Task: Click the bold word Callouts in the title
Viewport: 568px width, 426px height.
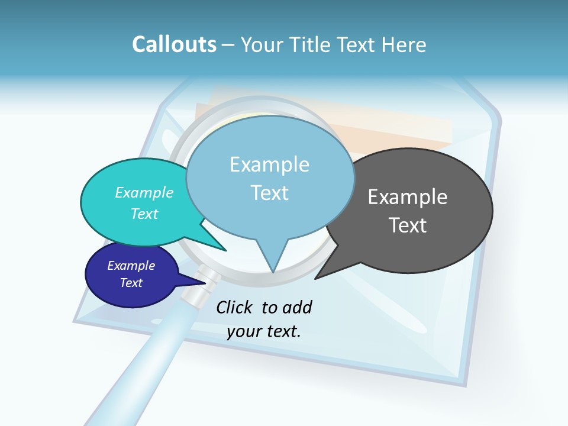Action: [174, 44]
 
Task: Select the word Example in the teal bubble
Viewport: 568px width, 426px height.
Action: [144, 192]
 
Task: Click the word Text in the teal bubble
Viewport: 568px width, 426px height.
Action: [144, 214]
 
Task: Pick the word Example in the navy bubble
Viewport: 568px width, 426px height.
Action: [131, 266]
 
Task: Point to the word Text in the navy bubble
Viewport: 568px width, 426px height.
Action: [131, 283]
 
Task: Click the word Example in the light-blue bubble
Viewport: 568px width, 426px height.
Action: [269, 164]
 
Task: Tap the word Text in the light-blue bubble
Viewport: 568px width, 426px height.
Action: [269, 193]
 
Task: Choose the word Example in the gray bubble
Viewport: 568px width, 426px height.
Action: [408, 197]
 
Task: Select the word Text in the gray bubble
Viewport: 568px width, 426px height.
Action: [408, 225]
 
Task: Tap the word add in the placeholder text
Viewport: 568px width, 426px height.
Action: [297, 307]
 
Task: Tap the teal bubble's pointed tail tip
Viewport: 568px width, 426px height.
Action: [225, 250]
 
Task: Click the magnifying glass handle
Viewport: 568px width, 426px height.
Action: [136, 367]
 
